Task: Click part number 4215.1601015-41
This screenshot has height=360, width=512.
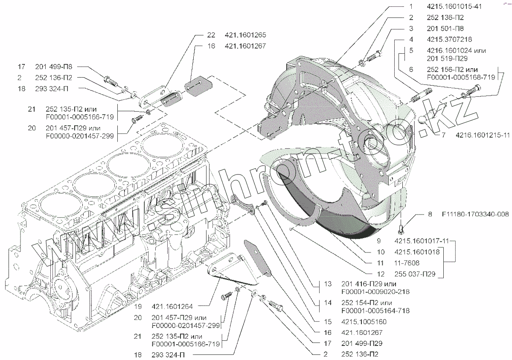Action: click(454, 7)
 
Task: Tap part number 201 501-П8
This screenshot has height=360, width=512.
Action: click(445, 29)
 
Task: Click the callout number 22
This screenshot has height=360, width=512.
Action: click(212, 35)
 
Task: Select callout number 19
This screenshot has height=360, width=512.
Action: click(138, 307)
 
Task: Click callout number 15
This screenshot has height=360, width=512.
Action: click(327, 322)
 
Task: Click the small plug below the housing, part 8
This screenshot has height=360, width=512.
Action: click(401, 229)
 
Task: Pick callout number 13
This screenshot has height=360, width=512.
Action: click(327, 284)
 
